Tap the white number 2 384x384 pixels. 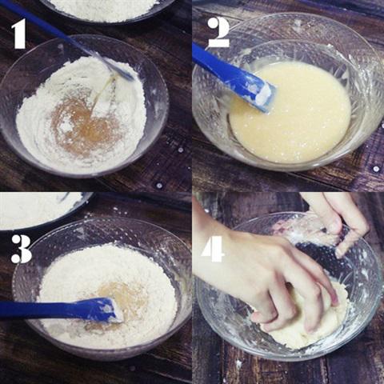point(218,32)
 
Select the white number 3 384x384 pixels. point(21,248)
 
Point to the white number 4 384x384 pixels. point(213,248)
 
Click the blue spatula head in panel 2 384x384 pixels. point(240,80)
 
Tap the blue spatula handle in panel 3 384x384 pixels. point(36,310)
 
